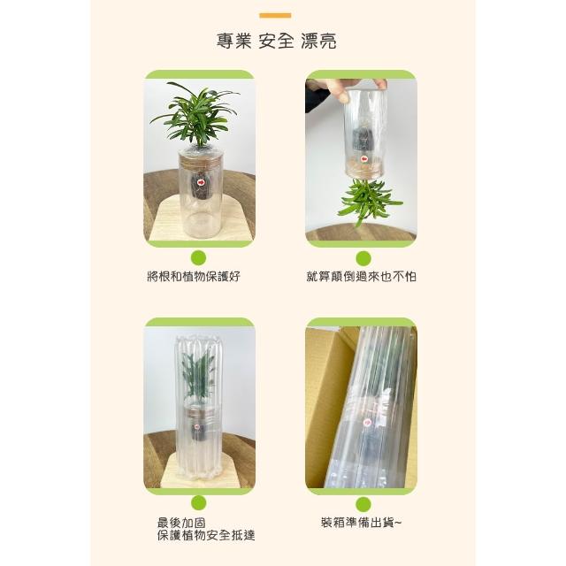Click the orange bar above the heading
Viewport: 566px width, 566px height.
275,16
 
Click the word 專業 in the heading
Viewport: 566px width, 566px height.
233,41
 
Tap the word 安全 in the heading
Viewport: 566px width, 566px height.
276,41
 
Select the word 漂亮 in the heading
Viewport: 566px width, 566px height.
318,41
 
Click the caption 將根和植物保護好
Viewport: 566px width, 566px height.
194,277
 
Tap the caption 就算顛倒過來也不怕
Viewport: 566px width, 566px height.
362,277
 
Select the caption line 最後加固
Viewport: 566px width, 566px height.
181,523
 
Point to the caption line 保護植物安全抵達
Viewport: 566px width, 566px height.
206,535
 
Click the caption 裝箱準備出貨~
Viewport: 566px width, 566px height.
361,523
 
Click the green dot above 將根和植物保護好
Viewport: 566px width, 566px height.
198,258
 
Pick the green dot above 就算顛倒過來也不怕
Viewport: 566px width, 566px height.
363,258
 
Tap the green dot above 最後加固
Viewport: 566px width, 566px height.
198,503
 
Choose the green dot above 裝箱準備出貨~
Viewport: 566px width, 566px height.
363,504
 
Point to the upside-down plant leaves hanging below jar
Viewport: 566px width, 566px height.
368,201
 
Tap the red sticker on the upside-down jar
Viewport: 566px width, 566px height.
363,159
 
